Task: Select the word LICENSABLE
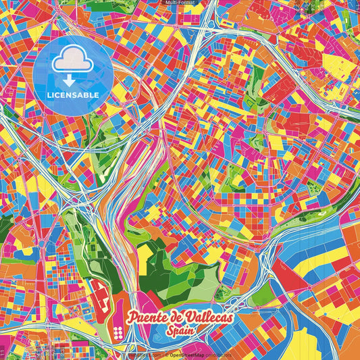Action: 72,95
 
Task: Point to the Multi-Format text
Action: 180,3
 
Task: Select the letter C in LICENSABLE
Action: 57,95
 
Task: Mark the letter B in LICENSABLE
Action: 88,95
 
